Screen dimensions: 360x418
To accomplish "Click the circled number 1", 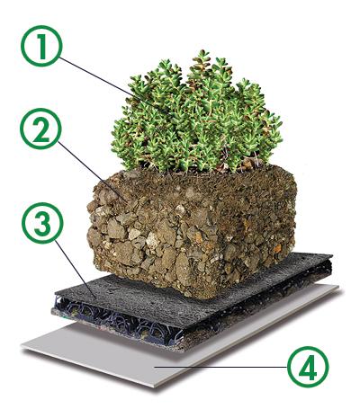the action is click(41, 46).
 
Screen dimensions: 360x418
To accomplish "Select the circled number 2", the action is click(40, 129).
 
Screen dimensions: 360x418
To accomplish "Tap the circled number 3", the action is click(42, 223).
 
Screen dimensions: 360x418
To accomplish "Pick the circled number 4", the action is click(308, 367).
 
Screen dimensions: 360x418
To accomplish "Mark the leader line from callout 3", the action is click(76, 270).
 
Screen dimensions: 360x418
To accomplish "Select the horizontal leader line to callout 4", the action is click(221, 367).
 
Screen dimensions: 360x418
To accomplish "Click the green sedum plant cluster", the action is click(196, 115).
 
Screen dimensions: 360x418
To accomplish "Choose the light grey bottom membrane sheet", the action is click(180, 344).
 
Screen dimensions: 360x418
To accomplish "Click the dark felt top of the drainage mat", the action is click(192, 295).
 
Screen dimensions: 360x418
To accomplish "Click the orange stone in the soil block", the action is click(277, 248).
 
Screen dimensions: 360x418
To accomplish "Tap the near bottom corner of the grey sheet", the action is click(155, 387).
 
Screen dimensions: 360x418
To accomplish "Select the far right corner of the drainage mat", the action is click(332, 255).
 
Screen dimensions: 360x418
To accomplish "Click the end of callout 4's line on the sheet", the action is click(155, 367).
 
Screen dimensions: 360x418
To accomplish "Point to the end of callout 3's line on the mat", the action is click(96, 299).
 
